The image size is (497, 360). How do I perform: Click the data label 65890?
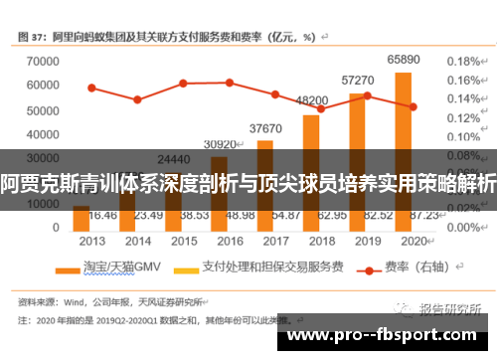[403, 62]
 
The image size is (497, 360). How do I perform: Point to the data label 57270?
[357, 80]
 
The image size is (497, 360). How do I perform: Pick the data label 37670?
[265, 128]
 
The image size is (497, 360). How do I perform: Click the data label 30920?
[220, 144]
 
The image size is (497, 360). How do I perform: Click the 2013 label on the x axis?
[92, 241]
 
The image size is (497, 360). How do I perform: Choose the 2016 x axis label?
[229, 241]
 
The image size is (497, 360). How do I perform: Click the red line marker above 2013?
[92, 88]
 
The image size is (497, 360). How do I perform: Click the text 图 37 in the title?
[37, 37]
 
